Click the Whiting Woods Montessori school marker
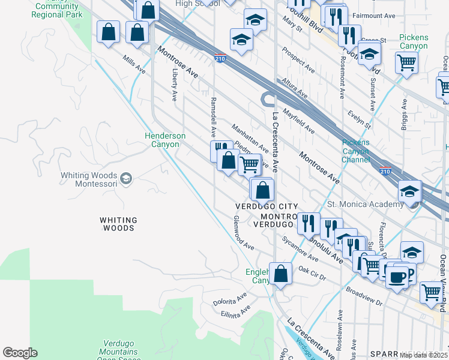[x=126, y=178]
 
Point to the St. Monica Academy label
[x=365, y=205]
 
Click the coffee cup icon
[x=397, y=277]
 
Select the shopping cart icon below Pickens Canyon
[x=407, y=62]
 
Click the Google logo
[x=20, y=353]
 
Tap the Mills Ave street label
[x=134, y=66]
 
